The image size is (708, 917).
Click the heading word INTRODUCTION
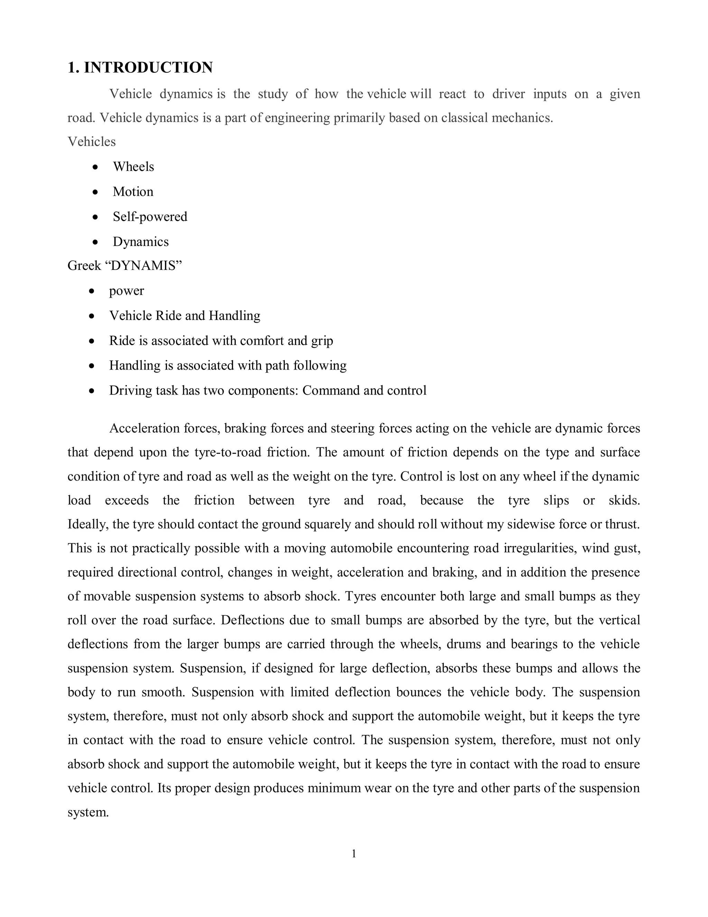148,67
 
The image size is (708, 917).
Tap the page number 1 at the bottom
354,854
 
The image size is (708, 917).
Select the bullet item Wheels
133,167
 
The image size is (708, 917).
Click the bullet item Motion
133,192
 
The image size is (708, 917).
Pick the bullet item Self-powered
150,217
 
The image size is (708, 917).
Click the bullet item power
126,291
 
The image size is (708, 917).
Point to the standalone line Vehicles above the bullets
91,142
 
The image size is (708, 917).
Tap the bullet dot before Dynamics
96,242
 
